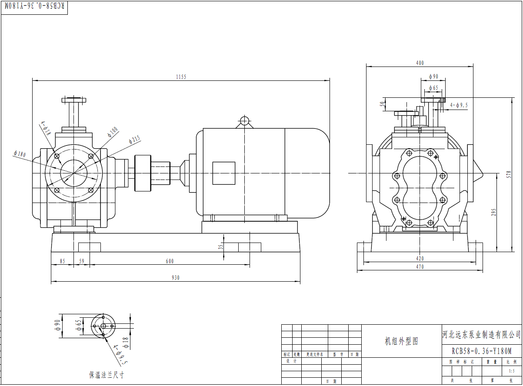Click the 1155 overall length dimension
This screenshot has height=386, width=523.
pos(181,77)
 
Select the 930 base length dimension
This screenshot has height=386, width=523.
pos(175,278)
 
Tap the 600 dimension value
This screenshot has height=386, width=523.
pos(170,261)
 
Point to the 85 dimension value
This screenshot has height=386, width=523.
pos(62,261)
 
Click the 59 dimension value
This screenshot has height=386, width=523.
pos(81,261)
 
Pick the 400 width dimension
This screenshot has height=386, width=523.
pos(420,63)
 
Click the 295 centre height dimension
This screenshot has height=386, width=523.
pos(493,212)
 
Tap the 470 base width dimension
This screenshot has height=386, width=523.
pos(420,267)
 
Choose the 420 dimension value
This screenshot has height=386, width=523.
pos(420,258)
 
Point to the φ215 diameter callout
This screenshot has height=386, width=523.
pos(134,140)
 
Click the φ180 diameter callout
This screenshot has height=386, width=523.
pos(20,154)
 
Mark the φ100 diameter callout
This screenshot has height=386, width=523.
pos(113,131)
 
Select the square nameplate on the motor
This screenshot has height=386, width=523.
pos(223,173)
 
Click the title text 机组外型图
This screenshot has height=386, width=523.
pos(401,341)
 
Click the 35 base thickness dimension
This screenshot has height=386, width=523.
pos(220,246)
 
